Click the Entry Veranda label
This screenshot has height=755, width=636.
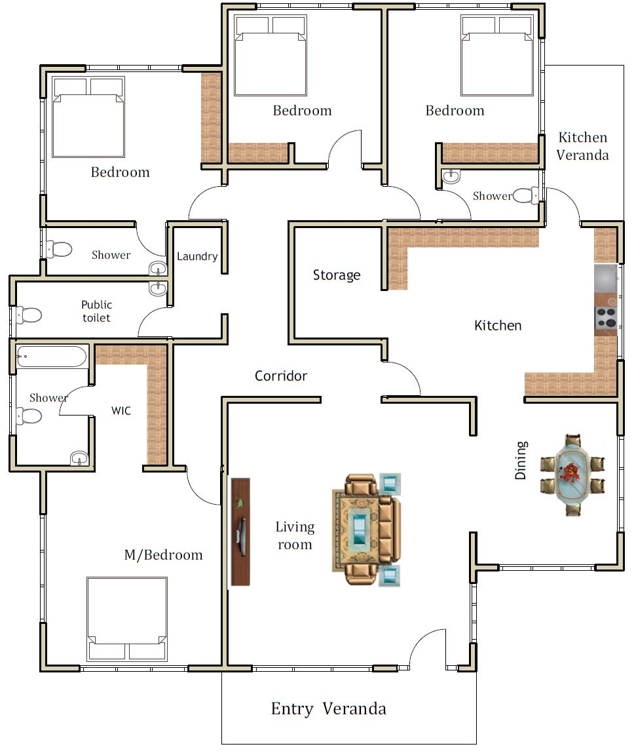[328, 708]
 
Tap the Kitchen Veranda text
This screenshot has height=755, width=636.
[582, 146]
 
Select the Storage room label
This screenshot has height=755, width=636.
[336, 275]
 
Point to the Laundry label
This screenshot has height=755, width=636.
[197, 256]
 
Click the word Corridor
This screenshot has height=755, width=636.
[281, 376]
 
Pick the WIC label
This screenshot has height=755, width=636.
[121, 412]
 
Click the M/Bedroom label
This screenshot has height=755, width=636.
[163, 555]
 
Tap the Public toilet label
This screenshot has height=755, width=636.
[96, 311]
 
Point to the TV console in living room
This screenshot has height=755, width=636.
[240, 532]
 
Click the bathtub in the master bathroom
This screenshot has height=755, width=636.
[51, 357]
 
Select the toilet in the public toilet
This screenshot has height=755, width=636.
[29, 315]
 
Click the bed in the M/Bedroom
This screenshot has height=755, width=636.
[127, 618]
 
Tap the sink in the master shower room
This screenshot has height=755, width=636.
[79, 459]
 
